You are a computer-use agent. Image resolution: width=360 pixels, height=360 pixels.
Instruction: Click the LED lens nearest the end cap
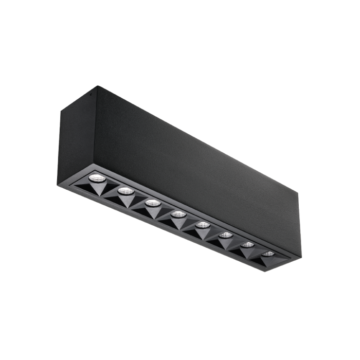click(x=96, y=178)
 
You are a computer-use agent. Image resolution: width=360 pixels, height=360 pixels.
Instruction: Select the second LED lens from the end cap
click(x=123, y=191)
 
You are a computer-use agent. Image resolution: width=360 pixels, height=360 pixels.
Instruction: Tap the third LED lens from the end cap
click(x=151, y=203)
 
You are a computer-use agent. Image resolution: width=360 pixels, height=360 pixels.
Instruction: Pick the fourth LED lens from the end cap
click(x=177, y=214)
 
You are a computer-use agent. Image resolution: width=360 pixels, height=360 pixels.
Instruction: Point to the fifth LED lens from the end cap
click(x=202, y=225)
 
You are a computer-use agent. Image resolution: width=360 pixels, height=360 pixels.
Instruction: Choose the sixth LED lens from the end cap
click(x=225, y=235)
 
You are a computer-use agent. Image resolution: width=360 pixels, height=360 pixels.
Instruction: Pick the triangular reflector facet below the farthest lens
click(x=265, y=261)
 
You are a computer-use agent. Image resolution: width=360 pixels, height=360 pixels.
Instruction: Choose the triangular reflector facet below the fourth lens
click(x=175, y=223)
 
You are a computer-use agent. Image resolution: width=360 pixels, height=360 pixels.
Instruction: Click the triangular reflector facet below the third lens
click(x=148, y=212)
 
